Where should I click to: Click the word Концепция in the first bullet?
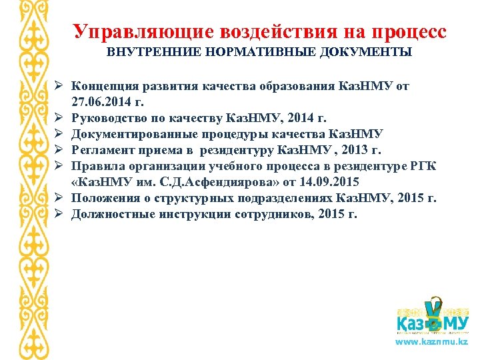105,87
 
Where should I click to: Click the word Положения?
103,199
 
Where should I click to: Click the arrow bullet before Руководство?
59,119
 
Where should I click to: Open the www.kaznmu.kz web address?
432,341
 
